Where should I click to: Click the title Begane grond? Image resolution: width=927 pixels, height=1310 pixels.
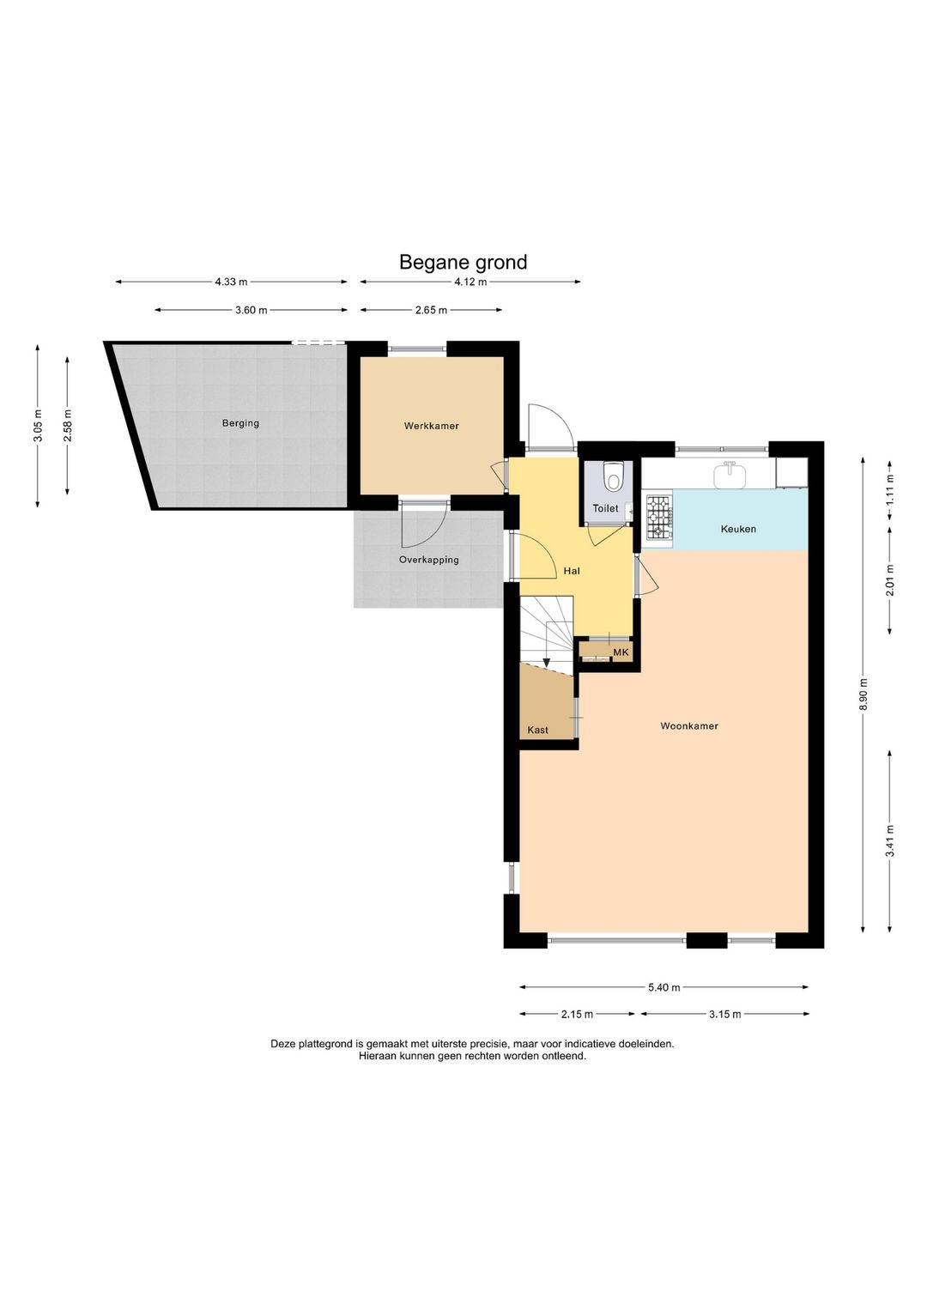(x=463, y=263)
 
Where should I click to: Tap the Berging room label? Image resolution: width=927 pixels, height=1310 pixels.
(x=240, y=423)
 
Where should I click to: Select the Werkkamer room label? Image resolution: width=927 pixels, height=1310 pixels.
(x=432, y=426)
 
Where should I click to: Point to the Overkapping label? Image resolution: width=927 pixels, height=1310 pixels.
(x=428, y=560)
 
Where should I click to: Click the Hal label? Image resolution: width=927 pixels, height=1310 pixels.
(x=572, y=571)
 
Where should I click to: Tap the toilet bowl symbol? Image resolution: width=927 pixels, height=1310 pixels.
(x=613, y=476)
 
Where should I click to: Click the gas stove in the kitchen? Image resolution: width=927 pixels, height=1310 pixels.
(x=659, y=517)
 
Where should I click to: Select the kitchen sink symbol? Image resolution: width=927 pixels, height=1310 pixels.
(x=729, y=474)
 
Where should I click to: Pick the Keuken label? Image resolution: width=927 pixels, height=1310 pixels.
(x=738, y=530)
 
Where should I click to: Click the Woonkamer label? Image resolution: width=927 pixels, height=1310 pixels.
(x=689, y=726)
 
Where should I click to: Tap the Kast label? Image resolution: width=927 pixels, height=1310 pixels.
(x=537, y=730)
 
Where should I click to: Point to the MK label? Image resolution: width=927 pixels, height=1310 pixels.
(x=621, y=652)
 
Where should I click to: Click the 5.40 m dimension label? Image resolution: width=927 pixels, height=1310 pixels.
(x=663, y=988)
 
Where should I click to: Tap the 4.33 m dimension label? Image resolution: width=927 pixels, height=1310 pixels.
(x=231, y=282)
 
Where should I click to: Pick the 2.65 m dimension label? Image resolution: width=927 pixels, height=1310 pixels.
(x=431, y=310)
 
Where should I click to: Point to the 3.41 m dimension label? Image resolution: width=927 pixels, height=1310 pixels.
(x=890, y=841)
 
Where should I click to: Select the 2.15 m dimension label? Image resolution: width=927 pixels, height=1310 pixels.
(x=577, y=1014)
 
